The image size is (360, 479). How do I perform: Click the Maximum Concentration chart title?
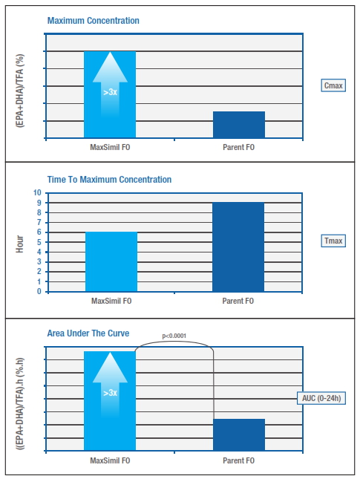[93, 21]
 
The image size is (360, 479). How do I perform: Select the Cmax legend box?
[333, 85]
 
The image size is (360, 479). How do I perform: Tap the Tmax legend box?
[333, 241]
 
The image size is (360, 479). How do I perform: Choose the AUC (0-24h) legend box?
[321, 398]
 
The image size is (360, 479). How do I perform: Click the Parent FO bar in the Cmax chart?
[239, 125]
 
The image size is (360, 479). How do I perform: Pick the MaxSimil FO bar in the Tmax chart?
[111, 262]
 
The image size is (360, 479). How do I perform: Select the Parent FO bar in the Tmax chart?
[238, 247]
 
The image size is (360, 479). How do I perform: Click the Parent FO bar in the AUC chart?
[239, 434]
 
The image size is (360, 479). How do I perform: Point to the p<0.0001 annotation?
[174, 336]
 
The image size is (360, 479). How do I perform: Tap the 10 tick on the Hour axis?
[37, 193]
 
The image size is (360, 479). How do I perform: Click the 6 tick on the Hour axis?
[39, 232]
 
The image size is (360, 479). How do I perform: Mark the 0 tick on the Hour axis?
[39, 291]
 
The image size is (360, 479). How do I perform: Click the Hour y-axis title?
[19, 244]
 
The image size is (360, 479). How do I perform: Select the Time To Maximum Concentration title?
[109, 180]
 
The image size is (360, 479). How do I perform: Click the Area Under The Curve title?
[88, 333]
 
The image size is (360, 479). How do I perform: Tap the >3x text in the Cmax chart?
[110, 92]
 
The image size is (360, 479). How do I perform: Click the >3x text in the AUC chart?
[110, 393]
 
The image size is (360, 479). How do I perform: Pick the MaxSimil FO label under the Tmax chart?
[111, 301]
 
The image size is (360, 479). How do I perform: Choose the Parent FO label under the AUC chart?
[238, 460]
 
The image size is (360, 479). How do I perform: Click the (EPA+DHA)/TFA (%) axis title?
[20, 91]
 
